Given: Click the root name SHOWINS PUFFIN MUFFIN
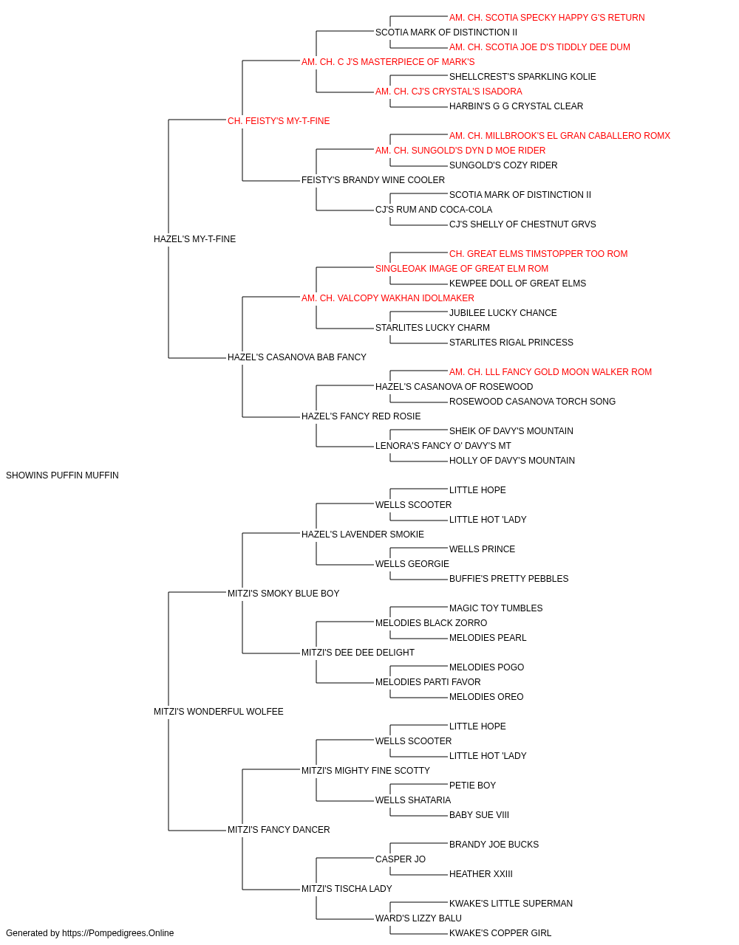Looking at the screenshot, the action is coord(62,475).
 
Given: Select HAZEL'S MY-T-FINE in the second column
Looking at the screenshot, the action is coord(194,239).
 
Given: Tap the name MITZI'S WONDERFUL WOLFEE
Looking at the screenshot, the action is coord(219,712).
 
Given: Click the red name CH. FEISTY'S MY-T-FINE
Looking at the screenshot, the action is coord(279,121).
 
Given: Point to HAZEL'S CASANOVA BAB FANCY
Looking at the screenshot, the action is coord(297,357).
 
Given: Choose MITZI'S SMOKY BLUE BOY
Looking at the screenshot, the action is coord(283,594).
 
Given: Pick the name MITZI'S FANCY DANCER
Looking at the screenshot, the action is coord(279,830).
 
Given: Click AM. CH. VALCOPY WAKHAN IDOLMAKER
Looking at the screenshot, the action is coord(388,298).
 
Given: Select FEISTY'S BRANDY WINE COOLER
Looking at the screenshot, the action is coord(373,180).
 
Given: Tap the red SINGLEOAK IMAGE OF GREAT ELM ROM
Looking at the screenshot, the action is coord(462,269).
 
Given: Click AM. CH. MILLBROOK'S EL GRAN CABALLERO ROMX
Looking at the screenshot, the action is coord(559,136).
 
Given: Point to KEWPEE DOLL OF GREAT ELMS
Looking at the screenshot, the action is coord(517,283).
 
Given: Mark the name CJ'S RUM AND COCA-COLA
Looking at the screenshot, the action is coord(434,210).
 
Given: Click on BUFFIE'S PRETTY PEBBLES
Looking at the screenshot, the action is coord(508,579).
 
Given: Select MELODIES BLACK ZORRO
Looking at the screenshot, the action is coord(432,623).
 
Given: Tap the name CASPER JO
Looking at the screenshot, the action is coord(401,859).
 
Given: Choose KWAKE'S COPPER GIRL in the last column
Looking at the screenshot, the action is coord(500,933).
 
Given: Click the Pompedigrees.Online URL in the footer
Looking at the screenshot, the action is coord(118,933).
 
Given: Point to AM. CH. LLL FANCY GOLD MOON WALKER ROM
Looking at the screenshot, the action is coord(551,372).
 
